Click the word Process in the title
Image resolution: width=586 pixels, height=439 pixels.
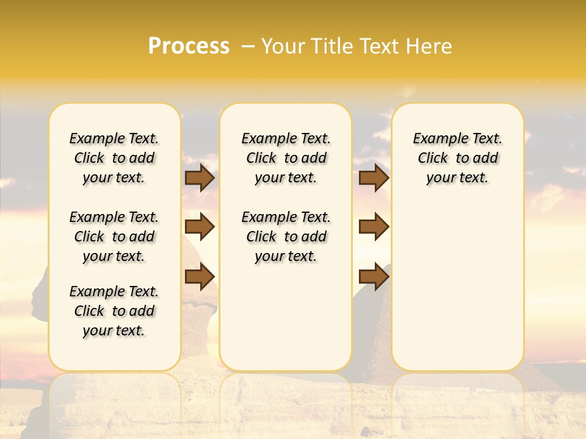coord(189,46)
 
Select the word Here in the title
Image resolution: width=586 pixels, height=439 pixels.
coord(430,46)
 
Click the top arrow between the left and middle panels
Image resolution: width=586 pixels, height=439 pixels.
coord(200,178)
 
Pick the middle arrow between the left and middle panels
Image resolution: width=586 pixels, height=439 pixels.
coord(200,227)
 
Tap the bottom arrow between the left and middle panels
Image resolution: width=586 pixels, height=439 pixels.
coord(200,276)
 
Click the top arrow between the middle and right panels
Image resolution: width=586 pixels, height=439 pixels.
coord(374,178)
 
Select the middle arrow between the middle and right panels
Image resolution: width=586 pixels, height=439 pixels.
coord(374,227)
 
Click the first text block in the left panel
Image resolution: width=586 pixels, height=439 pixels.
coord(114,158)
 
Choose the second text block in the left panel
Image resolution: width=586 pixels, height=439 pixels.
coord(114,237)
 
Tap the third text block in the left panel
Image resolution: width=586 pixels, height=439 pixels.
coord(114,311)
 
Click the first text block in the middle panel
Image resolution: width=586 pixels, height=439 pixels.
coord(286,158)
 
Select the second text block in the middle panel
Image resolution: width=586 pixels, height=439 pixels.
coord(286,237)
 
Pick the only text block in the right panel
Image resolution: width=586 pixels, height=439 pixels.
coord(458,158)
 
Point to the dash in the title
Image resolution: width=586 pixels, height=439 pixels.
coord(248,46)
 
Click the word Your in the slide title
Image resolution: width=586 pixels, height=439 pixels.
coord(283,46)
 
